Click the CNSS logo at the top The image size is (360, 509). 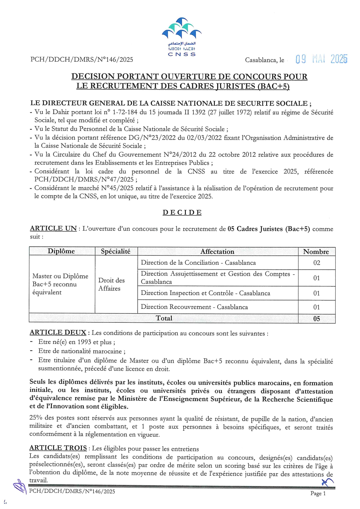click(x=182, y=36)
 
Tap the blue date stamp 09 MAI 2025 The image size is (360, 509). click(x=321, y=59)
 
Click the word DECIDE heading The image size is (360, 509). click(x=182, y=212)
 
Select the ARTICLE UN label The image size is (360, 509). click(x=53, y=228)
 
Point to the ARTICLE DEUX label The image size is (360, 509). click(x=58, y=333)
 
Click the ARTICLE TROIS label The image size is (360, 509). click(x=58, y=448)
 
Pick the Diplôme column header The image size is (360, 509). click(x=61, y=251)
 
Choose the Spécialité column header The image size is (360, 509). click(x=116, y=251)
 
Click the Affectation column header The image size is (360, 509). click(x=217, y=252)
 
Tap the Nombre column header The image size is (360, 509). click(x=316, y=252)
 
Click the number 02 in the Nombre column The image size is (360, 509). click(x=316, y=263)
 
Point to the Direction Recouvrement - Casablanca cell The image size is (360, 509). click(x=194, y=307)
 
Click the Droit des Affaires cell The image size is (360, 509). click(x=111, y=284)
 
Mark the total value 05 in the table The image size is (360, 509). click(x=316, y=319)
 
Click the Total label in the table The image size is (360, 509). click(x=164, y=318)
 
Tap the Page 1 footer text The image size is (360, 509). click(x=318, y=493)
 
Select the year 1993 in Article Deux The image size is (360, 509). click(x=84, y=342)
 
